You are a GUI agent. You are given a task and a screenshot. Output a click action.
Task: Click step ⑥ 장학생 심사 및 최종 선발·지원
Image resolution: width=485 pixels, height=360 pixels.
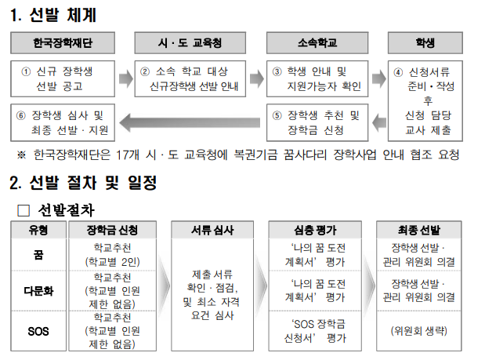pyautogui.click(x=63, y=122)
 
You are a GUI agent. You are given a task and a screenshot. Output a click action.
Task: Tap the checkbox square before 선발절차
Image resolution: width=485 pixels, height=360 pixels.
pyautogui.click(x=23, y=210)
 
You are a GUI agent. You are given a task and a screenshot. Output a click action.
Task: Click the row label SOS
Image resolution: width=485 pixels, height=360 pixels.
pyautogui.click(x=38, y=331)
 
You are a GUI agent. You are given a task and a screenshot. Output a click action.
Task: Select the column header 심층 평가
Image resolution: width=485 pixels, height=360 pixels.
pyautogui.click(x=313, y=230)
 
